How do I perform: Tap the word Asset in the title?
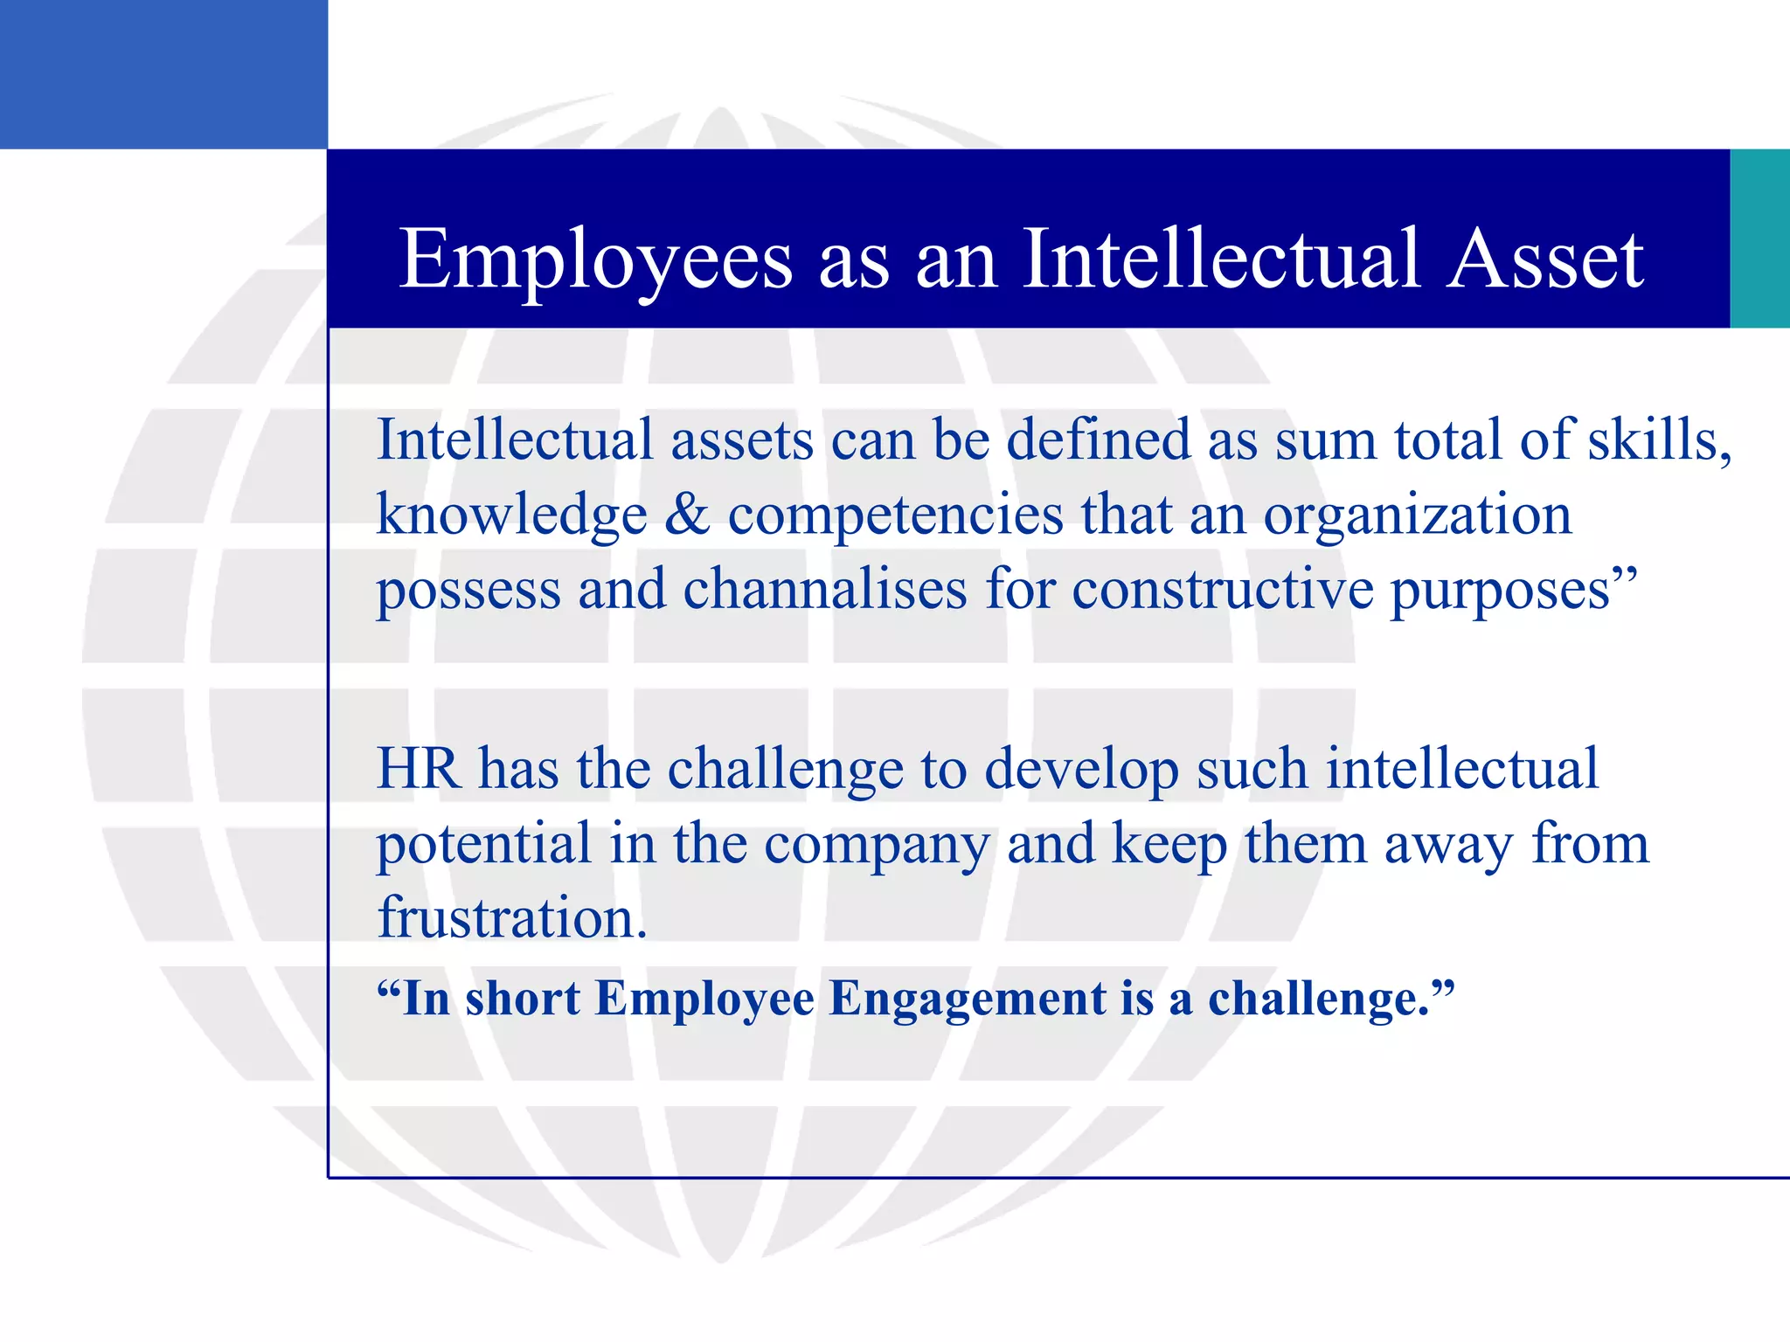[1545, 259]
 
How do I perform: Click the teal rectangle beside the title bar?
[1759, 239]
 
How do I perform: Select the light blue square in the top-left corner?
[163, 74]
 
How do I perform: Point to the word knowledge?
[512, 515]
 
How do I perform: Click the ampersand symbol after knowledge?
[687, 515]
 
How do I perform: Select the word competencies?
[896, 515]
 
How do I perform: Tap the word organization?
[1417, 515]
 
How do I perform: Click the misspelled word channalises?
[825, 589]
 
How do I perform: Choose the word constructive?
[1223, 589]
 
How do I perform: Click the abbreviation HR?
[418, 770]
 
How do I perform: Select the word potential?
[484, 845]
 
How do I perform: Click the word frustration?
[512, 918]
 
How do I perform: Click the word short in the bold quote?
[522, 998]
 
